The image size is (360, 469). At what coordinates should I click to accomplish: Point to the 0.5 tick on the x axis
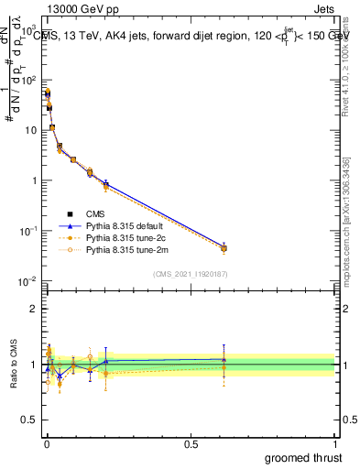click(x=191, y=442)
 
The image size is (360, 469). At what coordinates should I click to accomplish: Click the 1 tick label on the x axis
click(x=333, y=442)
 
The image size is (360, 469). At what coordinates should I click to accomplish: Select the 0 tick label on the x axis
click(x=46, y=442)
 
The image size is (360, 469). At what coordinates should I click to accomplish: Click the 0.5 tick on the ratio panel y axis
click(x=31, y=420)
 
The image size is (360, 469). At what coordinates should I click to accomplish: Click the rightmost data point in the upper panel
click(x=224, y=248)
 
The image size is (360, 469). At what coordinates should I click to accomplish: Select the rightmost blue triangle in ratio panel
click(x=224, y=359)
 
